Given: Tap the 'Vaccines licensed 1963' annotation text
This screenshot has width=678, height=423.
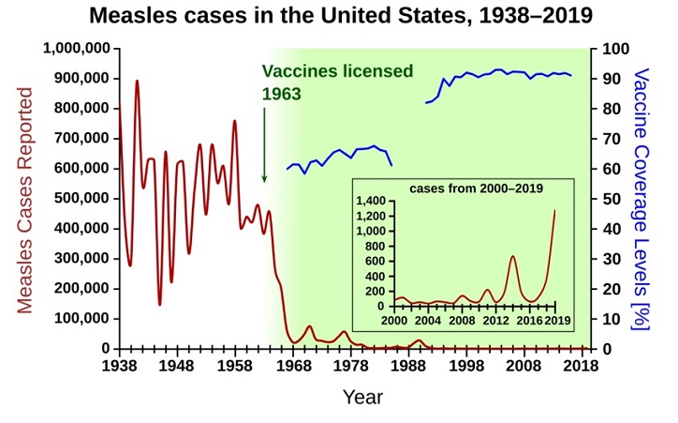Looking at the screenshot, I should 336,83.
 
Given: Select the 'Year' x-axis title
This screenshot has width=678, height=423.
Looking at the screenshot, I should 361,397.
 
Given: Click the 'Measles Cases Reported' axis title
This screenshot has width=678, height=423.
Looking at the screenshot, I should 25,200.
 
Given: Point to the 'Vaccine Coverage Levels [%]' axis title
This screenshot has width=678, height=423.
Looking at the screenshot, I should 642,199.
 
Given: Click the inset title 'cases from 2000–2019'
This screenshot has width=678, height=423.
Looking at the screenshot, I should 476,188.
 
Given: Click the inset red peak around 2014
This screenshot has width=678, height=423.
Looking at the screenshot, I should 512,256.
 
